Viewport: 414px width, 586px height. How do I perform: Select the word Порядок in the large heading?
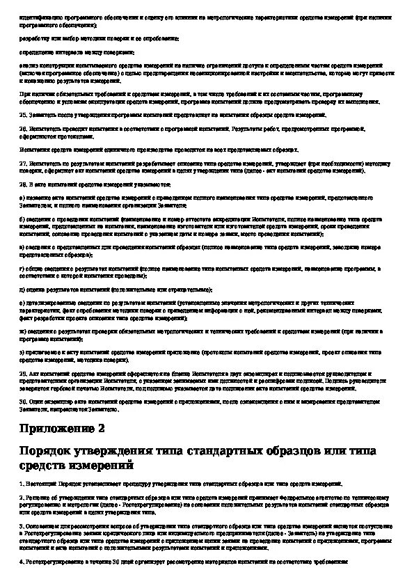coord(48,451)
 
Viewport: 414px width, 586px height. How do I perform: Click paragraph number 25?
coord(23,114)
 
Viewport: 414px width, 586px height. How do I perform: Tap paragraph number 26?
coord(23,129)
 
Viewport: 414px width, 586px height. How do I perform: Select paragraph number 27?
coord(23,162)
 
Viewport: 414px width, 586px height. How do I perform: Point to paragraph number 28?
coord(23,185)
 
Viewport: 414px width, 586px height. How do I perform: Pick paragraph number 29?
coord(23,374)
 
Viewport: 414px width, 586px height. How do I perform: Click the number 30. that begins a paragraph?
coord(23,402)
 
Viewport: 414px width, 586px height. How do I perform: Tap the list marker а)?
coord(22,198)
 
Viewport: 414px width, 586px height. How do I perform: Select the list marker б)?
coord(22,219)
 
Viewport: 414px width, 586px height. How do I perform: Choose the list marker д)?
coord(22,289)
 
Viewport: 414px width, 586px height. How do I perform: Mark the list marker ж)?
coord(22,333)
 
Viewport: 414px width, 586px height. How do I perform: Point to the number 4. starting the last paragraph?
coord(22,560)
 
